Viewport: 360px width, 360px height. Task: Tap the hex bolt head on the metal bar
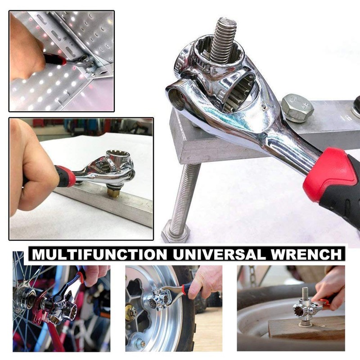297,108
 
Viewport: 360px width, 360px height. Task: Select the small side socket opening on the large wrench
177,96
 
